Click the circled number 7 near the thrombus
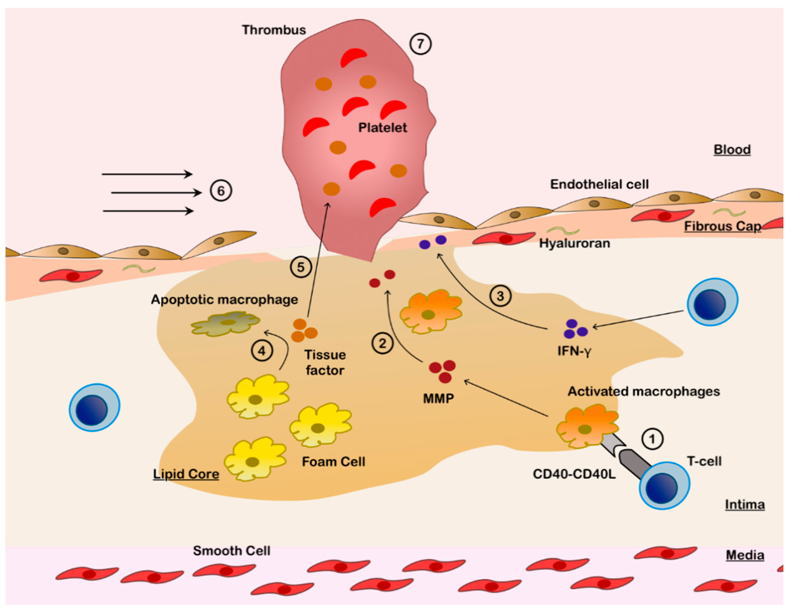[x=420, y=44]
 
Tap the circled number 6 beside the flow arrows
[x=221, y=191]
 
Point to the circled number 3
[x=500, y=296]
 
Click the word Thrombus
[x=274, y=30]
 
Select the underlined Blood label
[x=732, y=149]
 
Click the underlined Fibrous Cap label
[x=722, y=226]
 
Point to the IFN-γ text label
[x=574, y=351]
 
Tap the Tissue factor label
[x=325, y=362]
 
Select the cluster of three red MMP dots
[x=443, y=371]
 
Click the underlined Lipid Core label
[x=186, y=474]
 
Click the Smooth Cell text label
[x=231, y=551]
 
